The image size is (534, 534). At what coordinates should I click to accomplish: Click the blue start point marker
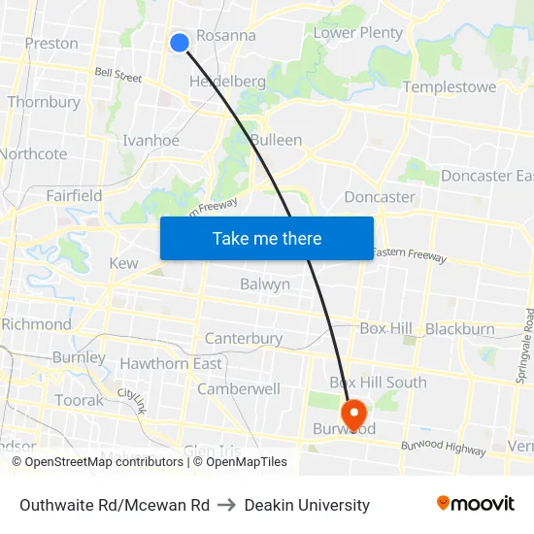[x=179, y=42]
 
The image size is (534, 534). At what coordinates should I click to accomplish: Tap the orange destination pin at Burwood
[x=354, y=414]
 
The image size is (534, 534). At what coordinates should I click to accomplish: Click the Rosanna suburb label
[x=226, y=36]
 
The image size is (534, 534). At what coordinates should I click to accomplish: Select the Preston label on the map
[x=51, y=43]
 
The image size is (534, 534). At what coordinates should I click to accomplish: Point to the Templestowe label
[x=449, y=87]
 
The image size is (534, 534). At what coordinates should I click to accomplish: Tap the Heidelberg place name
[x=227, y=82]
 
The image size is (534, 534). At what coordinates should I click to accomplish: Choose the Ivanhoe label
[x=150, y=141]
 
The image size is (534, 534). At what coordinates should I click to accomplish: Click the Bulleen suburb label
[x=276, y=140]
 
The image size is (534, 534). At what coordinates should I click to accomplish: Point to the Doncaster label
[x=380, y=197]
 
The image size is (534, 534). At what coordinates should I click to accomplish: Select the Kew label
[x=123, y=263]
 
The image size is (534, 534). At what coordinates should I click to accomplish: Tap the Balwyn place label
[x=265, y=284]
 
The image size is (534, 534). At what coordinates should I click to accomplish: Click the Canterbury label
[x=243, y=339]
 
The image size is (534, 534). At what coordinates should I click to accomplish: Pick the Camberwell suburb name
[x=239, y=388]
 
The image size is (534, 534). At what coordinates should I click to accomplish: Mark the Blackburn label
[x=459, y=329]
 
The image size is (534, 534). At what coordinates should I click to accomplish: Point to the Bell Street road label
[x=118, y=73]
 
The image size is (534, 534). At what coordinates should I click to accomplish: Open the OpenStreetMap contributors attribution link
[x=97, y=462]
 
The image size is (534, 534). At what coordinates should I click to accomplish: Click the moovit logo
[x=475, y=504]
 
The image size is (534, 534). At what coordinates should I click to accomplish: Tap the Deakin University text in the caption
[x=307, y=505]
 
